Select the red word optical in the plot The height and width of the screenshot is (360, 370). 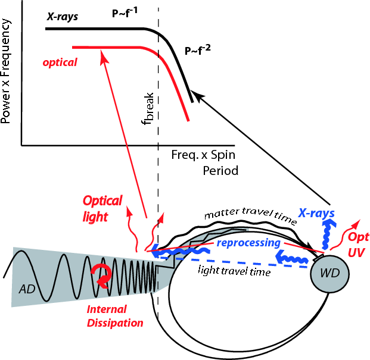click(x=60, y=61)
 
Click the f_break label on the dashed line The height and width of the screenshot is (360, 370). click(x=148, y=107)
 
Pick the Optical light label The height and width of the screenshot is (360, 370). click(x=102, y=208)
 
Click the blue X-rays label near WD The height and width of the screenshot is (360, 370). click(x=316, y=212)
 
